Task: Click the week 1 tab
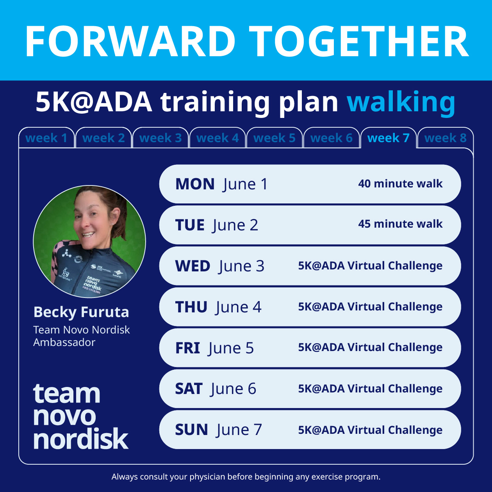[46, 138]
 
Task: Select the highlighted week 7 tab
[389, 138]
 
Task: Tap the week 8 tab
[446, 138]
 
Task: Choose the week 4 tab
[217, 138]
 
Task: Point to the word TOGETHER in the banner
[359, 41]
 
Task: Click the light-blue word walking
[401, 102]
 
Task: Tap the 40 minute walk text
[400, 184]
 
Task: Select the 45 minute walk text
[400, 224]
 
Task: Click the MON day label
[195, 184]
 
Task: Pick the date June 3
[242, 266]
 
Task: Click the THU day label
[191, 307]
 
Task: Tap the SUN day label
[191, 430]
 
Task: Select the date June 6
[233, 389]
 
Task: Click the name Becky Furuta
[81, 312]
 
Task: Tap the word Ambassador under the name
[64, 342]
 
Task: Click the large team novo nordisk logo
[80, 416]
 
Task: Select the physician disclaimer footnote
[246, 476]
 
